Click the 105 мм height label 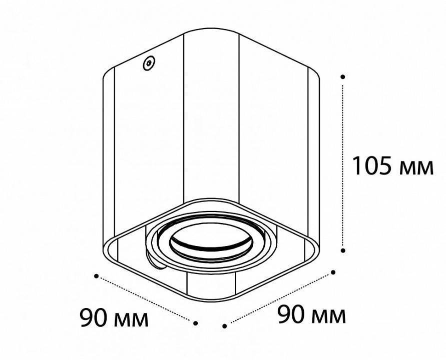tap(392, 166)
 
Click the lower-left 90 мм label tap(114, 318)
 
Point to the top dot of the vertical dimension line tap(343, 77)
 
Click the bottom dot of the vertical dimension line tap(343, 249)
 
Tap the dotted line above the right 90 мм tap(279, 299)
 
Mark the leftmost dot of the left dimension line tap(97, 275)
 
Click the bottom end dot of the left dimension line tap(196, 323)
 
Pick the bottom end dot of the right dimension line tap(225, 326)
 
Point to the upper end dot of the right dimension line tap(333, 272)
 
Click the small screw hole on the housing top tap(149, 63)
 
